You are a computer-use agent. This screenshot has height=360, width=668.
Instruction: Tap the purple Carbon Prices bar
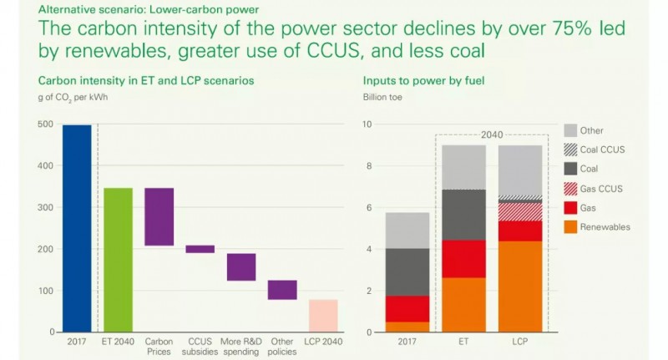click(x=159, y=216)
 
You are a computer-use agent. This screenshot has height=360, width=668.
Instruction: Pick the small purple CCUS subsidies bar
click(x=200, y=249)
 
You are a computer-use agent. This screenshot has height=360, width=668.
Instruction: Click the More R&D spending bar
click(x=241, y=267)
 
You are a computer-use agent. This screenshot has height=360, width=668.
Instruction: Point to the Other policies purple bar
click(x=282, y=290)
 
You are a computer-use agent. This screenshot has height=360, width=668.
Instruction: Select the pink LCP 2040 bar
click(x=323, y=316)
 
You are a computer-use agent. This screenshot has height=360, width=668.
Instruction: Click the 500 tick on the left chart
click(x=46, y=124)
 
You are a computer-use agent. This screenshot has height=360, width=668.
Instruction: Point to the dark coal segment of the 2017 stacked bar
click(x=407, y=272)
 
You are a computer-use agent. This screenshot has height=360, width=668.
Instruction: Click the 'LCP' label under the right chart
click(x=519, y=342)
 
